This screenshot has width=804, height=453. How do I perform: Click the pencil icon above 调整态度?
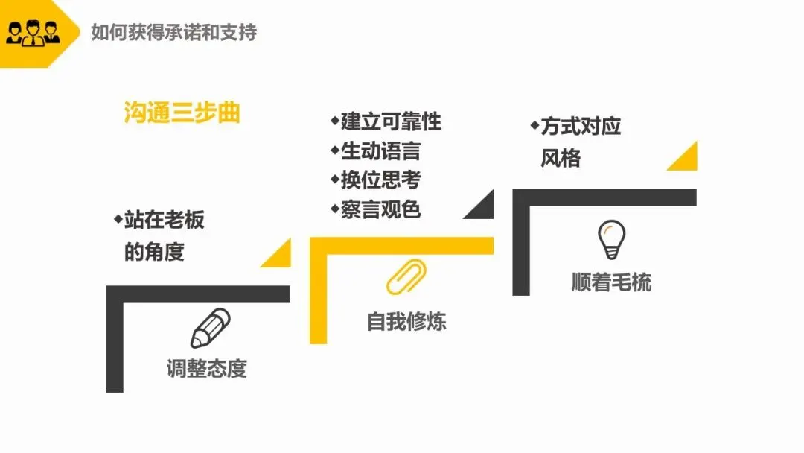210,328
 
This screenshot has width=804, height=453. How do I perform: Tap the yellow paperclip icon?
406,276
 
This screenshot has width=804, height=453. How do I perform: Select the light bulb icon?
611,239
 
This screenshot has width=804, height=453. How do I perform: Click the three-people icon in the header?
33,33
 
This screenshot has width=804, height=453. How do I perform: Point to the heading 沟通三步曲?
182,113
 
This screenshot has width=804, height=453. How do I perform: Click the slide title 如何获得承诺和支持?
173,33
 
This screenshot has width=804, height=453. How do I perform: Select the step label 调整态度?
206,369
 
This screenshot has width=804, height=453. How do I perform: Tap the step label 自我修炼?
406,321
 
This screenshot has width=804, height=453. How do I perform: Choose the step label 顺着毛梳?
611,282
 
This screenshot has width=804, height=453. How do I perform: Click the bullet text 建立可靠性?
391,121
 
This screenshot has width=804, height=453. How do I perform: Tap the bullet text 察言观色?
380,209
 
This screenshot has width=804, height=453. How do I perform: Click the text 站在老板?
164,220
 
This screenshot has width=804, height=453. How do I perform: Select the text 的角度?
154,252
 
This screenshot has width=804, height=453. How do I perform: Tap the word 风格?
561,158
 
